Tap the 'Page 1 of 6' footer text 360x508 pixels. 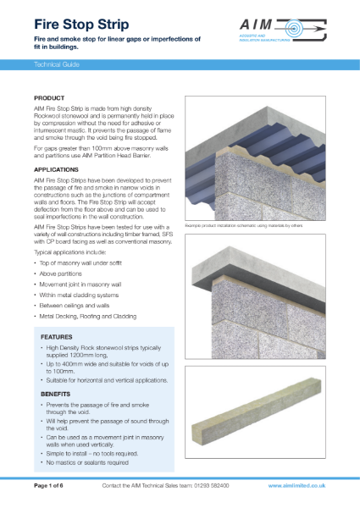[53, 486]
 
